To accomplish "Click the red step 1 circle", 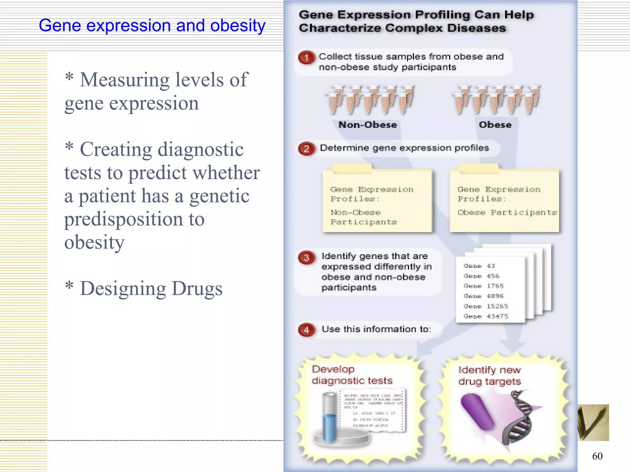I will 306,57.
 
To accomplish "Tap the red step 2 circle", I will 306,149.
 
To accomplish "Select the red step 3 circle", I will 306,258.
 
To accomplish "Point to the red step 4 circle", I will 306,330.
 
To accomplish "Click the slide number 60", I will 597,456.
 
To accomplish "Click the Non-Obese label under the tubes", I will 368,125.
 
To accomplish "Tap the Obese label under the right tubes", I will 495,125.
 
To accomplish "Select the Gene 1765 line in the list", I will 484,286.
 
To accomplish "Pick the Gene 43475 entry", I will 486,316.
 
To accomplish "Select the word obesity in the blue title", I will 237,25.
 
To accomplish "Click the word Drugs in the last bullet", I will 197,289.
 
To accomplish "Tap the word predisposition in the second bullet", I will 123,219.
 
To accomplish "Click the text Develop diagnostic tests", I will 352,375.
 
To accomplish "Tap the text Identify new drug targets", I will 489,376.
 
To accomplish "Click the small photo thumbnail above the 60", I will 593,423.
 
